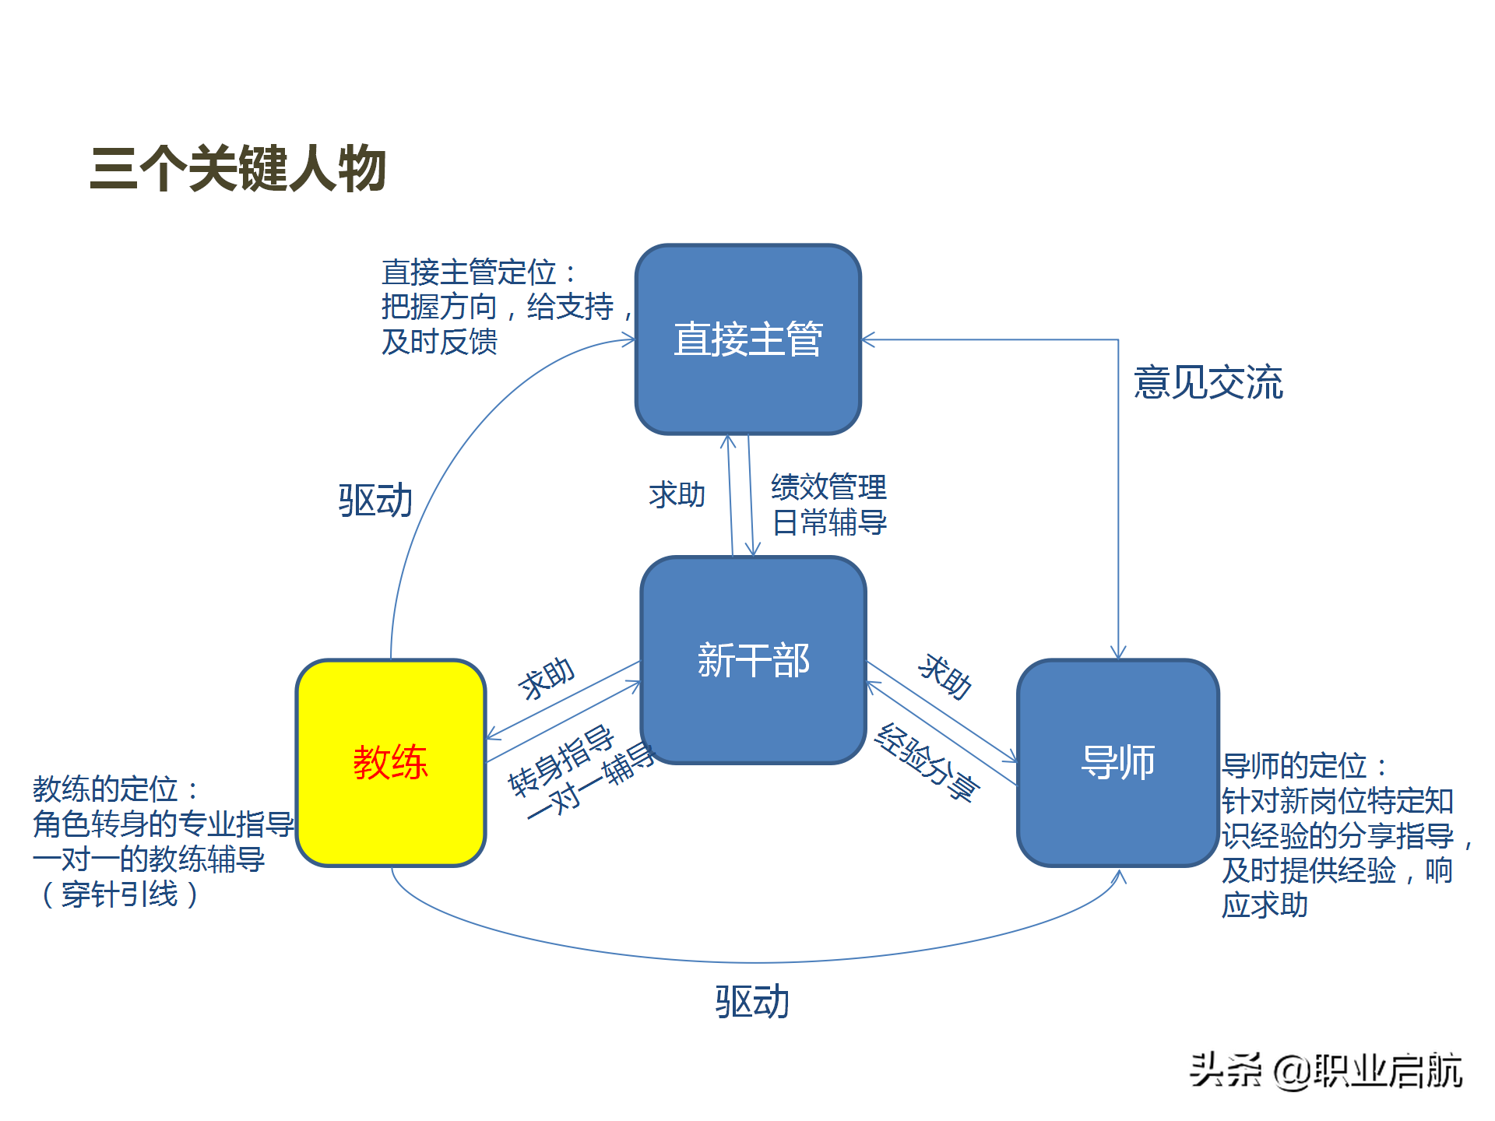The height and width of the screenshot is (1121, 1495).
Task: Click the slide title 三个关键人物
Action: click(237, 169)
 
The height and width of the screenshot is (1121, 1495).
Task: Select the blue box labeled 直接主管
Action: click(747, 339)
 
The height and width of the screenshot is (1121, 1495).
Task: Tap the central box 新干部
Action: click(753, 660)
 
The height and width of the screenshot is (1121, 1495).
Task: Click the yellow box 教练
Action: click(390, 763)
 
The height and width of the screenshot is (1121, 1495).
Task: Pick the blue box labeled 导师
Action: click(1117, 763)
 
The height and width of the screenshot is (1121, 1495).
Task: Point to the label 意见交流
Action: click(1208, 383)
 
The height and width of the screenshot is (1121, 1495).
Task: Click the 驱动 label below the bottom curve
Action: click(752, 1002)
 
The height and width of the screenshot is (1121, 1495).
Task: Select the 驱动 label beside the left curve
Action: click(375, 501)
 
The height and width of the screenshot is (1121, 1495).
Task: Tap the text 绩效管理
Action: click(828, 487)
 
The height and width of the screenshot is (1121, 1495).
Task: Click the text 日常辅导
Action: click(828, 522)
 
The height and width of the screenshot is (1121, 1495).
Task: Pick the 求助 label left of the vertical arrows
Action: click(677, 495)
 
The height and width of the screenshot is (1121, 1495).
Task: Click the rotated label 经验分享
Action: click(927, 762)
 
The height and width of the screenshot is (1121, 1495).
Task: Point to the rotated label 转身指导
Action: click(561, 761)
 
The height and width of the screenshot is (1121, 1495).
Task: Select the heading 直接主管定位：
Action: click(478, 273)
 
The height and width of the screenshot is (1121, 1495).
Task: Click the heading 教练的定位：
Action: click(115, 789)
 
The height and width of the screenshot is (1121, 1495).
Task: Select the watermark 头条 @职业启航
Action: click(1325, 1071)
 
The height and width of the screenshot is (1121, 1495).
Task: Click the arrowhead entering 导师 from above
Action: click(1118, 653)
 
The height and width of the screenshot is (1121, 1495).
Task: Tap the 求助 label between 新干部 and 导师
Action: click(944, 676)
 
